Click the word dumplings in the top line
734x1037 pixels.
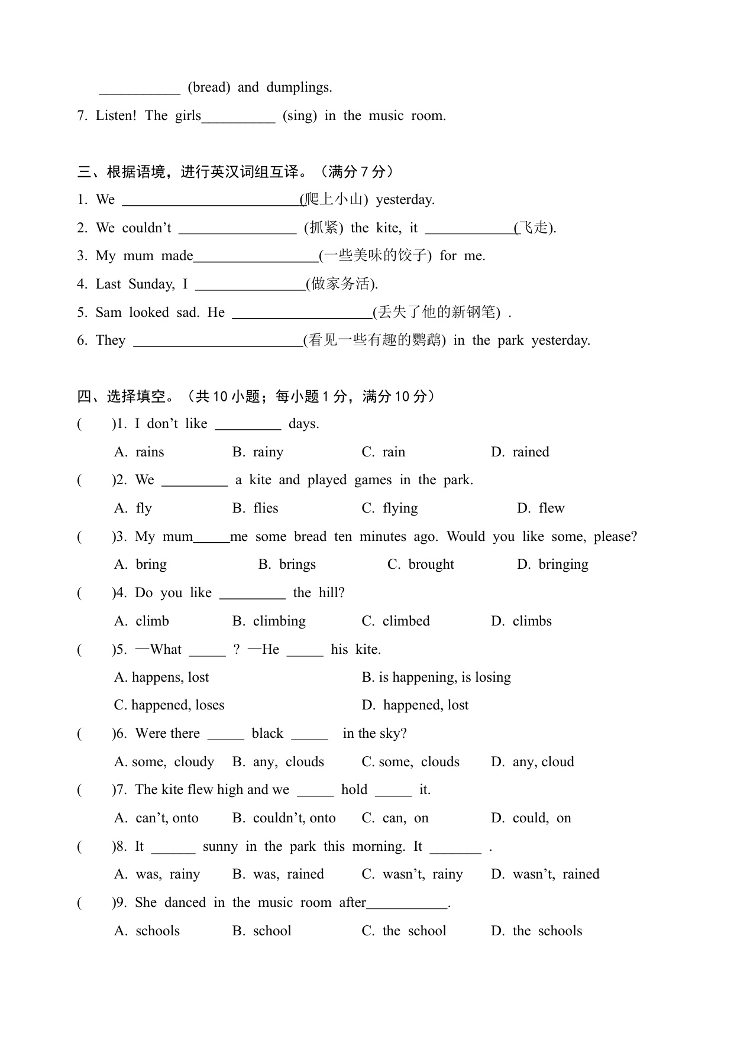tap(299, 88)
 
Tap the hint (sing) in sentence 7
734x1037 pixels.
tap(300, 115)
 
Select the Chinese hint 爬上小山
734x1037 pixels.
tap(334, 200)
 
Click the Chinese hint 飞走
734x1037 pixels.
tap(535, 228)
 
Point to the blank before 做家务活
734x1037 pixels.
tap(250, 285)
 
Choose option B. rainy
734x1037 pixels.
tap(258, 452)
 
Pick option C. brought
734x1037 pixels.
tap(421, 565)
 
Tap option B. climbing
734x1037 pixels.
tap(269, 621)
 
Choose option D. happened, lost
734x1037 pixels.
tap(415, 705)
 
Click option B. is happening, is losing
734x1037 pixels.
tap(436, 678)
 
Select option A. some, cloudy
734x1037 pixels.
tap(164, 762)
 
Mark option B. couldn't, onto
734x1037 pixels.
tap(284, 818)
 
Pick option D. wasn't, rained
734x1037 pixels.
tap(545, 874)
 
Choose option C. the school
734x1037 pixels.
tap(404, 931)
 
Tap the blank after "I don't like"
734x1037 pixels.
tap(248, 424)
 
